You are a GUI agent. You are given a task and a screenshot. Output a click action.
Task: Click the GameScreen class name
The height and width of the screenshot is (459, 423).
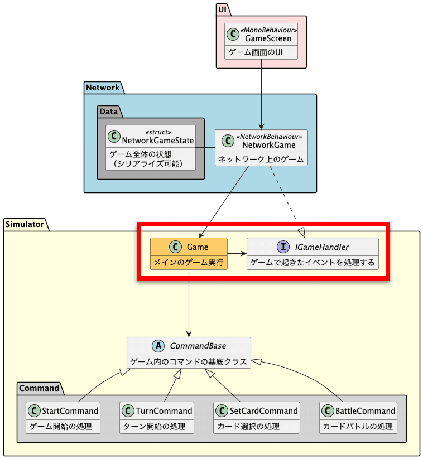click(x=268, y=38)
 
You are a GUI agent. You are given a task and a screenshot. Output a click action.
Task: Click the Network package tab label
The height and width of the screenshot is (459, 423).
click(x=103, y=88)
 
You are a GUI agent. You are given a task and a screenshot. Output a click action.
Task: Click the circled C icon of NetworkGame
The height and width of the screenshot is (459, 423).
click(x=228, y=141)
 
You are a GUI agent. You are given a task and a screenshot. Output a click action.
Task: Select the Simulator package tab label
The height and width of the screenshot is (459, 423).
click(x=26, y=224)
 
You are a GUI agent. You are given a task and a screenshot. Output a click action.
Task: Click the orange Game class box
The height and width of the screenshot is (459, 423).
click(x=189, y=254)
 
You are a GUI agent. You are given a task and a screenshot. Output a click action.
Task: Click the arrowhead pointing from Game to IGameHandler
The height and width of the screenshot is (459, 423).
click(x=243, y=254)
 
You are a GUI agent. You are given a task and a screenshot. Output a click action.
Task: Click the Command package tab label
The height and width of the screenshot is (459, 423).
click(x=39, y=388)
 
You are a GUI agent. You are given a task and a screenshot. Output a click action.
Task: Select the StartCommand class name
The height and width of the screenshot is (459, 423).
click(x=70, y=410)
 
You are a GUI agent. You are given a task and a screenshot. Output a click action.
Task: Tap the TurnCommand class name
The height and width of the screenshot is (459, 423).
click(x=164, y=410)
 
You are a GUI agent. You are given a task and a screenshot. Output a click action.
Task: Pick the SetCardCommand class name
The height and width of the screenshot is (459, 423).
click(x=263, y=410)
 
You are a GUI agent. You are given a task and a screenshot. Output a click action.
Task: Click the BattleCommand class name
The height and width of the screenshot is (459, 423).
click(x=365, y=410)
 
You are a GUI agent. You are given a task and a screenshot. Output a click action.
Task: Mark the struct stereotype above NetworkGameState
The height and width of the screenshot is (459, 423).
click(x=158, y=132)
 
